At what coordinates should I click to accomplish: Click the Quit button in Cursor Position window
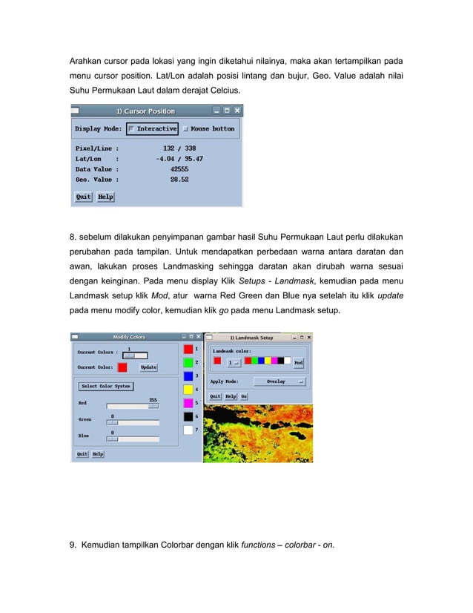click(x=83, y=197)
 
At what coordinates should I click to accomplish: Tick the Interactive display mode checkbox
click(x=132, y=128)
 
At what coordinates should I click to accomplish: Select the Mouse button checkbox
click(x=186, y=128)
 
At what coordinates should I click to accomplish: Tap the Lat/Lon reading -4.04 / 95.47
click(x=179, y=158)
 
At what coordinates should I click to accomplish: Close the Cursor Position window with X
click(x=237, y=111)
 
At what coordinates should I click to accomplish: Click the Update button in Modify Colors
click(x=148, y=367)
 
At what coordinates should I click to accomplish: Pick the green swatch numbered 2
click(x=188, y=362)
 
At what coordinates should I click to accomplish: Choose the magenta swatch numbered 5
click(x=188, y=403)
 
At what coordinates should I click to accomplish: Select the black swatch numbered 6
click(x=188, y=417)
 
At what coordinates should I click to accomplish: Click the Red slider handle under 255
click(x=153, y=406)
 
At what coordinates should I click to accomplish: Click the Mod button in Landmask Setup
click(x=298, y=363)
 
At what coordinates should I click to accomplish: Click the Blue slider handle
click(x=113, y=439)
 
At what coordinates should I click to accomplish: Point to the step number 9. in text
click(x=73, y=545)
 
